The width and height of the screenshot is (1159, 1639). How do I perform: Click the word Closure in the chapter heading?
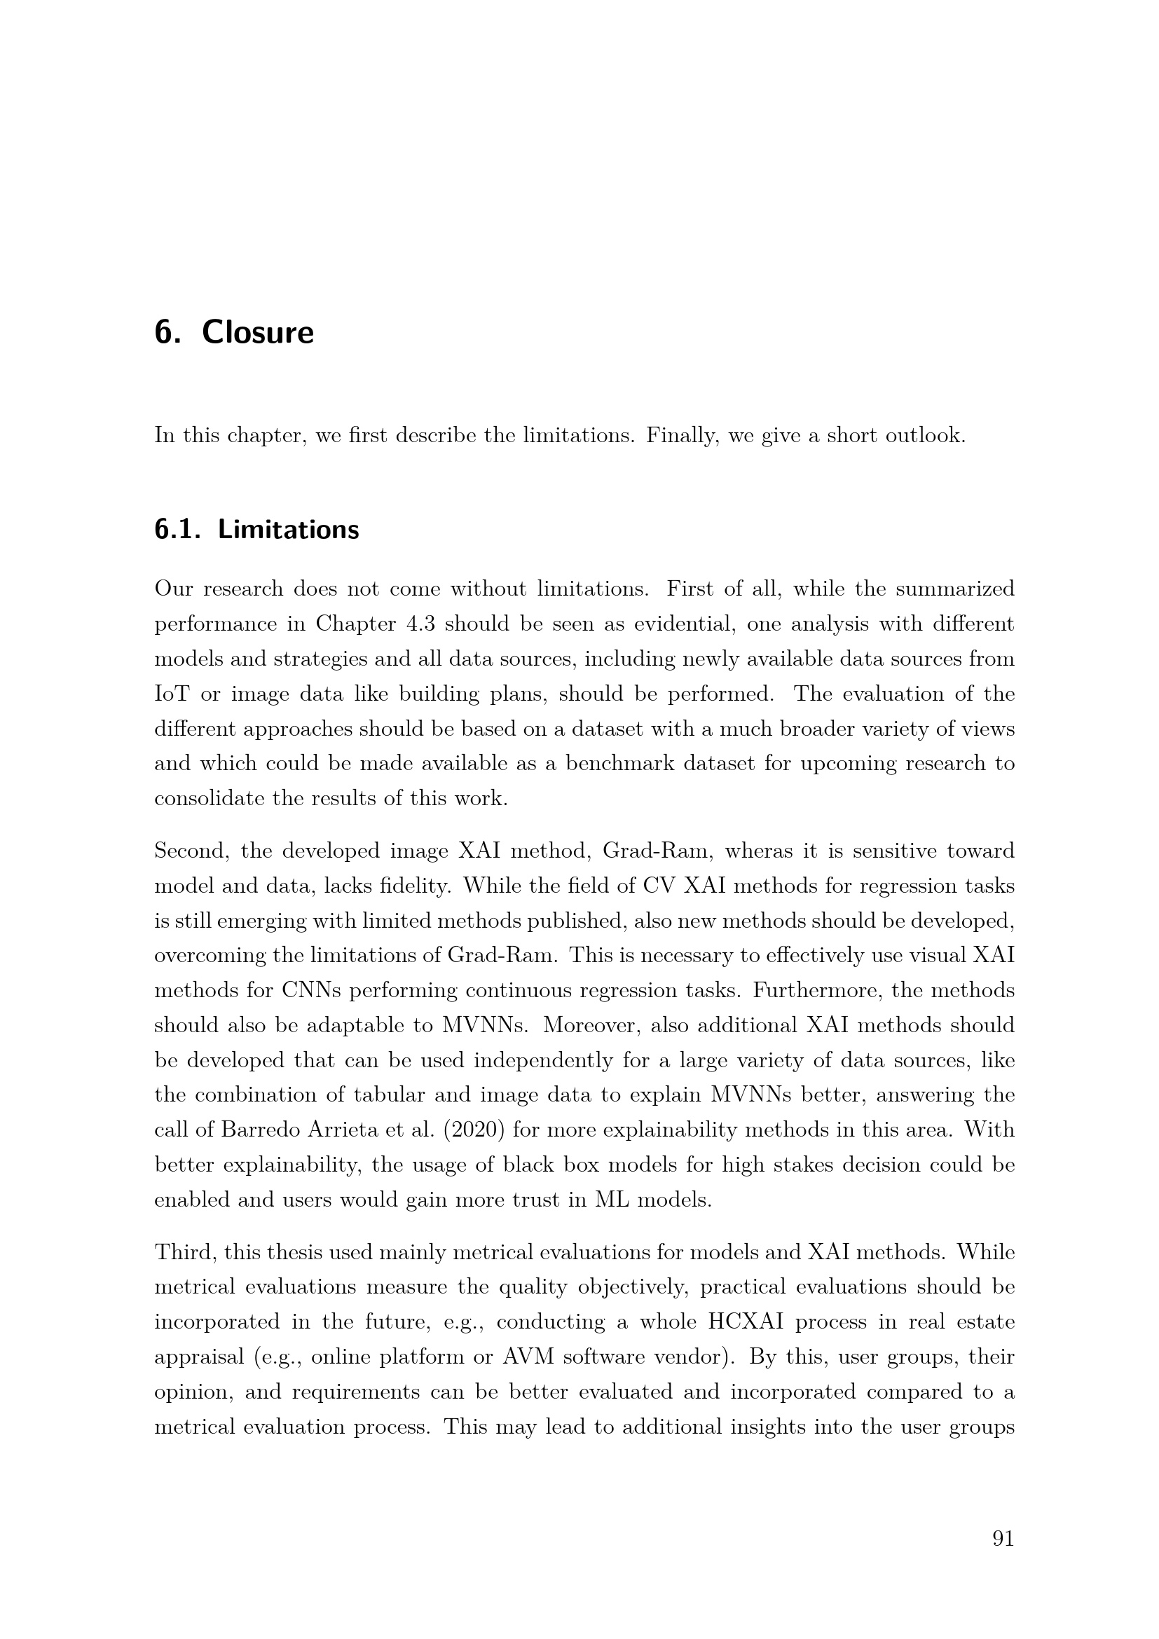258,333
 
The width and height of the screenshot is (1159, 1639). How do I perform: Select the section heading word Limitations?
288,530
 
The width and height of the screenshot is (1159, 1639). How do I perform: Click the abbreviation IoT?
172,694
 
